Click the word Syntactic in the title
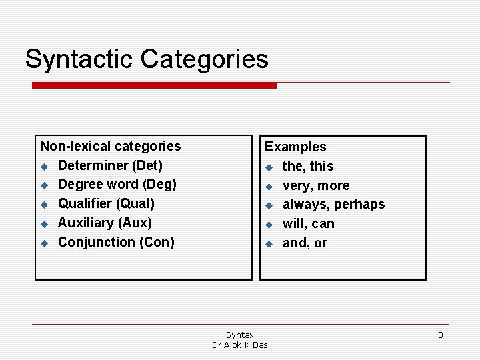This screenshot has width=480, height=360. tap(79, 59)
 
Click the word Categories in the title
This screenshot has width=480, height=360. tap(204, 59)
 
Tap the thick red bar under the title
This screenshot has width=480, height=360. tap(155, 85)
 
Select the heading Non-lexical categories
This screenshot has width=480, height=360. tap(111, 146)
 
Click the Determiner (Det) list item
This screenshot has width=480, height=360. tap(110, 165)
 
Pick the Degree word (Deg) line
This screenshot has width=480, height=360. tap(117, 184)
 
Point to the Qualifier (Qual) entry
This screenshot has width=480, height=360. tap(106, 203)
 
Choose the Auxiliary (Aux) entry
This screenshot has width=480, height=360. tap(105, 223)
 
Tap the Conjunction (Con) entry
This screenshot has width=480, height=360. tap(116, 242)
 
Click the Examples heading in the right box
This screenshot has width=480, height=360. tap(295, 147)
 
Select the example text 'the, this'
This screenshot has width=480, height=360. tap(308, 166)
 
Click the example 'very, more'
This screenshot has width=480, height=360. tap(316, 185)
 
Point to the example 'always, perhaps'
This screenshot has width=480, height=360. tap(333, 205)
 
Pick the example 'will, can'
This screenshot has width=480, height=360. tap(309, 224)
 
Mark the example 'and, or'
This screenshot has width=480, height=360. tap(305, 243)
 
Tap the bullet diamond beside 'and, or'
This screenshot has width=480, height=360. tap(269, 244)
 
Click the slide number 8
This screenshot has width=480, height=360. tap(440, 335)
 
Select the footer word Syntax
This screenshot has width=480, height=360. tap(240, 335)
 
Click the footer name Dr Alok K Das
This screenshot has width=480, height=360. tap(240, 345)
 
